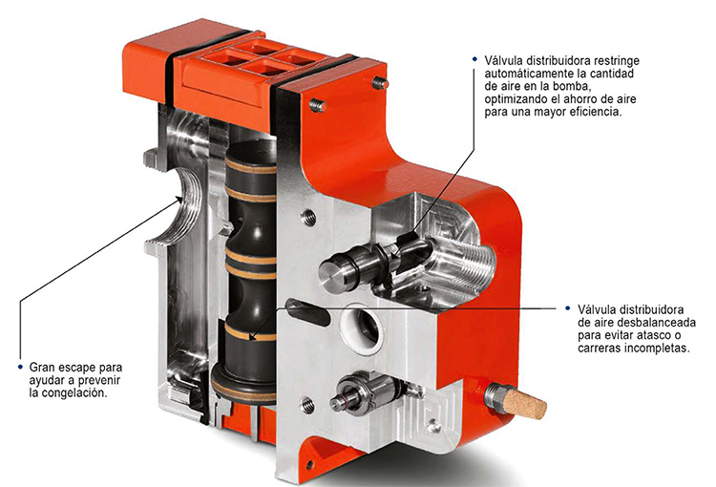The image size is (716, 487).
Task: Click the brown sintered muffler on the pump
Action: coord(525,404)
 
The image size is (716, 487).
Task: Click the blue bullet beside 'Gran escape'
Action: coord(20,367)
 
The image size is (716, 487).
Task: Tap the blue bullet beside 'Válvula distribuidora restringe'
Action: coord(474,59)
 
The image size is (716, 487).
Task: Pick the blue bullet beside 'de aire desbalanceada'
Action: coord(568,308)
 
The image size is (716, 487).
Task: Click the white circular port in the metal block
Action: coord(365,326)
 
